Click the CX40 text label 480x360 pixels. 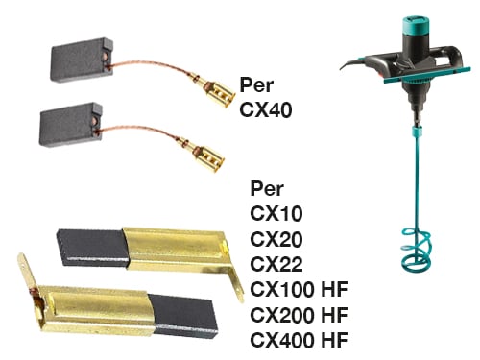coord(266,109)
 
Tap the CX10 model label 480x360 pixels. coord(276,213)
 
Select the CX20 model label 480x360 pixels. coord(276,239)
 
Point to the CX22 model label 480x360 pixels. coord(276,264)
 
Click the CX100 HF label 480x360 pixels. coord(299,289)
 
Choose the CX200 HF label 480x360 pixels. coord(299,315)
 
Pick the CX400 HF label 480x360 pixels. coord(299,340)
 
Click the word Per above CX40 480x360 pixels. coord(256,84)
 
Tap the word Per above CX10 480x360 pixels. coord(267,188)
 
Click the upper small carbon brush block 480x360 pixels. coord(82,60)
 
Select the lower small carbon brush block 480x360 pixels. coord(71,125)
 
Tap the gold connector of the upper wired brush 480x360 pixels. coord(219,92)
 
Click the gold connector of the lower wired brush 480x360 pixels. coord(208,156)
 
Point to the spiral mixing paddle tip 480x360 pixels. coord(416,250)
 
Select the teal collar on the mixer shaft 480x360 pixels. coord(417,131)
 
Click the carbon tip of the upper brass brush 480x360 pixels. coord(93,247)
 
